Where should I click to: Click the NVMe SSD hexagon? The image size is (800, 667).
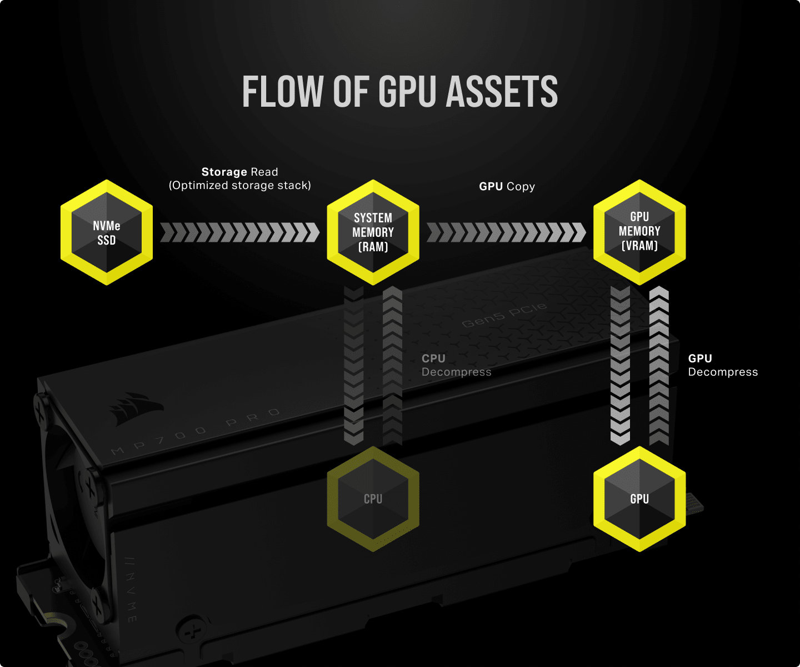(107, 232)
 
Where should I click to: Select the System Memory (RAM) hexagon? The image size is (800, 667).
(373, 232)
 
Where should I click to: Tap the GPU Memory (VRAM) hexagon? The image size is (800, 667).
(639, 232)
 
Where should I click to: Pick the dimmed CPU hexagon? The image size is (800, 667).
(373, 499)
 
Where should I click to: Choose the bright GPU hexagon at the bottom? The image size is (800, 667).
(639, 499)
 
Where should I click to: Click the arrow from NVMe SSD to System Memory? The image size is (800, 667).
(239, 232)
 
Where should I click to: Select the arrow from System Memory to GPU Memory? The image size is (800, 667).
(506, 232)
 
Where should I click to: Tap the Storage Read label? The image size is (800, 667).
(239, 172)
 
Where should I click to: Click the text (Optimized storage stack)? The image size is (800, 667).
(240, 186)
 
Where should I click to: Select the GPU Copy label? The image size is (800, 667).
(507, 186)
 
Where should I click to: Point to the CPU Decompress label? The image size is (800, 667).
(456, 365)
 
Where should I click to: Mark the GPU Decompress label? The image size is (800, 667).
(723, 365)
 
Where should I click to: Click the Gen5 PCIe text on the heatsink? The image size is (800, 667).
(504, 316)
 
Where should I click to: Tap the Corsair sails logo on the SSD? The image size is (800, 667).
(136, 408)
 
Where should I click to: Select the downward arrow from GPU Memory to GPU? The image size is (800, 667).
(620, 366)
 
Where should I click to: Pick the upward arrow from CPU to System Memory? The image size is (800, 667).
(392, 366)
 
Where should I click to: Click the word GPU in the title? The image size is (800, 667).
(408, 92)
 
